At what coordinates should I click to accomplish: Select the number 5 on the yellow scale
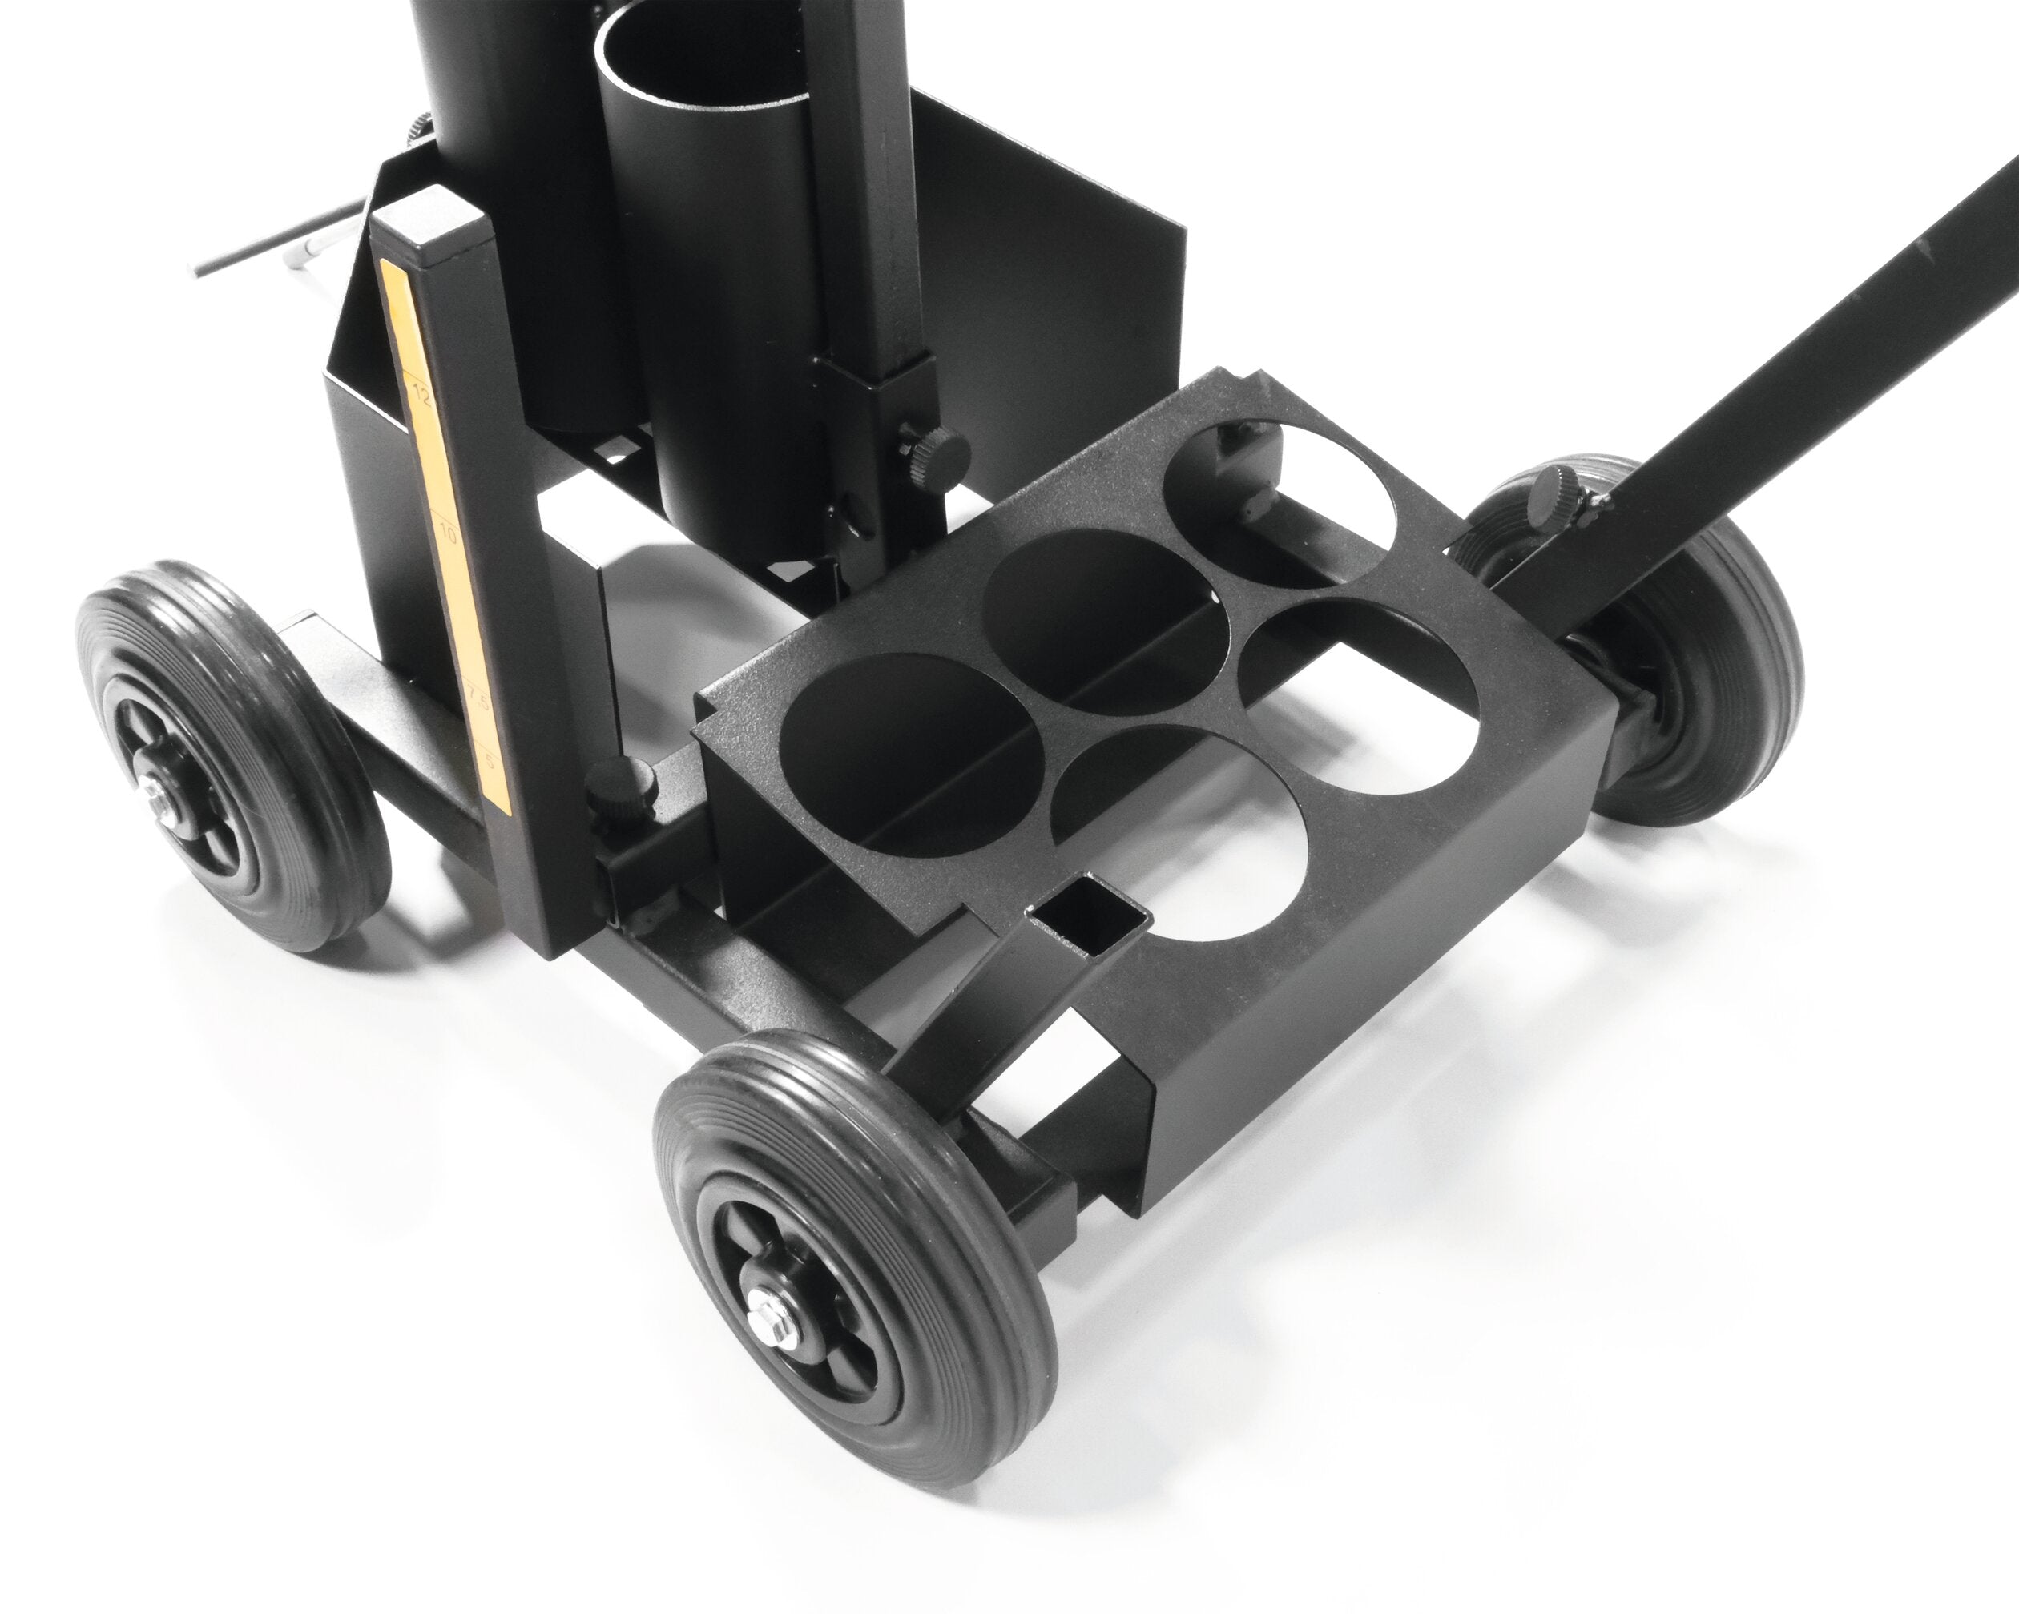point(489,759)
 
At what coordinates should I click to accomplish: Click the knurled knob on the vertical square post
point(937,450)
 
